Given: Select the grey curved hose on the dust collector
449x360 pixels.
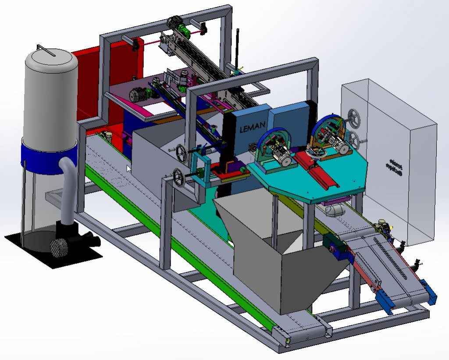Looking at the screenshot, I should (x=66, y=189).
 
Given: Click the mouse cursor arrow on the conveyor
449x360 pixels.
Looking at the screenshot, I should (x=128, y=168).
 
